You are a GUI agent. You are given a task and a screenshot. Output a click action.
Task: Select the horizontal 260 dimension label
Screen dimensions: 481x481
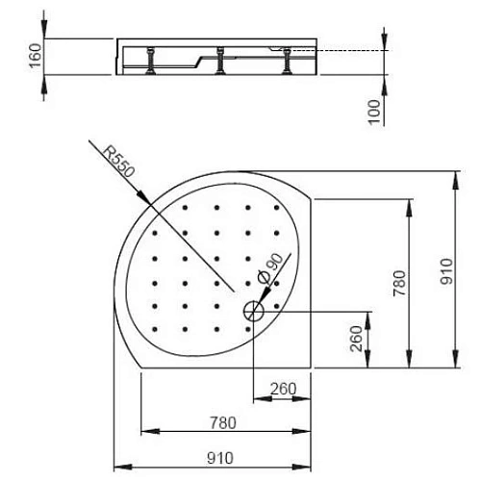pyautogui.click(x=283, y=389)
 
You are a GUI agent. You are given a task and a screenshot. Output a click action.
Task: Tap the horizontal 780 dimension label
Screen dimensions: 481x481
pyautogui.click(x=222, y=420)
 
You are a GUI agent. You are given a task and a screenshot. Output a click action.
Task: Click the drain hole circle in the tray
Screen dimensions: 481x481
pyautogui.click(x=253, y=312)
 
